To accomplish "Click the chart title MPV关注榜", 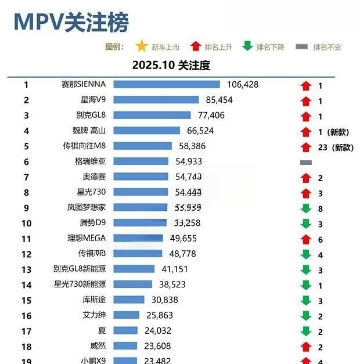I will pos(71,22).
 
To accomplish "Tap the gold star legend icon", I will pos(141,46).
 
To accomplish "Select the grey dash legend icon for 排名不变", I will pos(302,46).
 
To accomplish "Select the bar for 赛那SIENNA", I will pos(166,85).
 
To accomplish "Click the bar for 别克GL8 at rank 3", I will pos(152,116).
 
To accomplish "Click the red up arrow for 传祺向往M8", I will pos(306,147).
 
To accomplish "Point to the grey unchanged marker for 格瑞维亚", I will pos(306,163).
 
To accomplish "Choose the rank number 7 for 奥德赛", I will pos(26,176).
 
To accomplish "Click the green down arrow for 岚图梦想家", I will pos(306,208).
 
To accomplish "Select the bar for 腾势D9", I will pos(140,223).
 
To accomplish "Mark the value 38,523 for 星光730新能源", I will pos(172,284).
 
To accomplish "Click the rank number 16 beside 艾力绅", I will pos(26,315).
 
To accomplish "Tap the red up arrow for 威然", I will pos(306,347).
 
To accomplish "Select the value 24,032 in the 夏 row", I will pos(160,331).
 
